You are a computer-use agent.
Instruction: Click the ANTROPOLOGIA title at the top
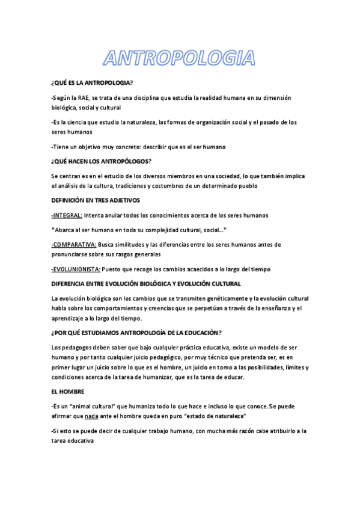tap(179, 58)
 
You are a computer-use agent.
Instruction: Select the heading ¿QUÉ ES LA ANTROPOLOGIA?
tap(92, 82)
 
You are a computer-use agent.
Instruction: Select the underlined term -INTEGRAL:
tap(67, 215)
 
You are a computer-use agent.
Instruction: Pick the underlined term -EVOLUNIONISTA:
tap(76, 269)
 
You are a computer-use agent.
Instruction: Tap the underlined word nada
tap(91, 416)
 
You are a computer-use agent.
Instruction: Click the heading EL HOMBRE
tap(67, 392)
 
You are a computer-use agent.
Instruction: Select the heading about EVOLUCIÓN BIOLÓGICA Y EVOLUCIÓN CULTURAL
tap(146, 283)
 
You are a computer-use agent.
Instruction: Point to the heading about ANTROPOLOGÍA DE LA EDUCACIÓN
tap(136, 333)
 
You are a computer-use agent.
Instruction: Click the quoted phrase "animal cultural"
tap(97, 407)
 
